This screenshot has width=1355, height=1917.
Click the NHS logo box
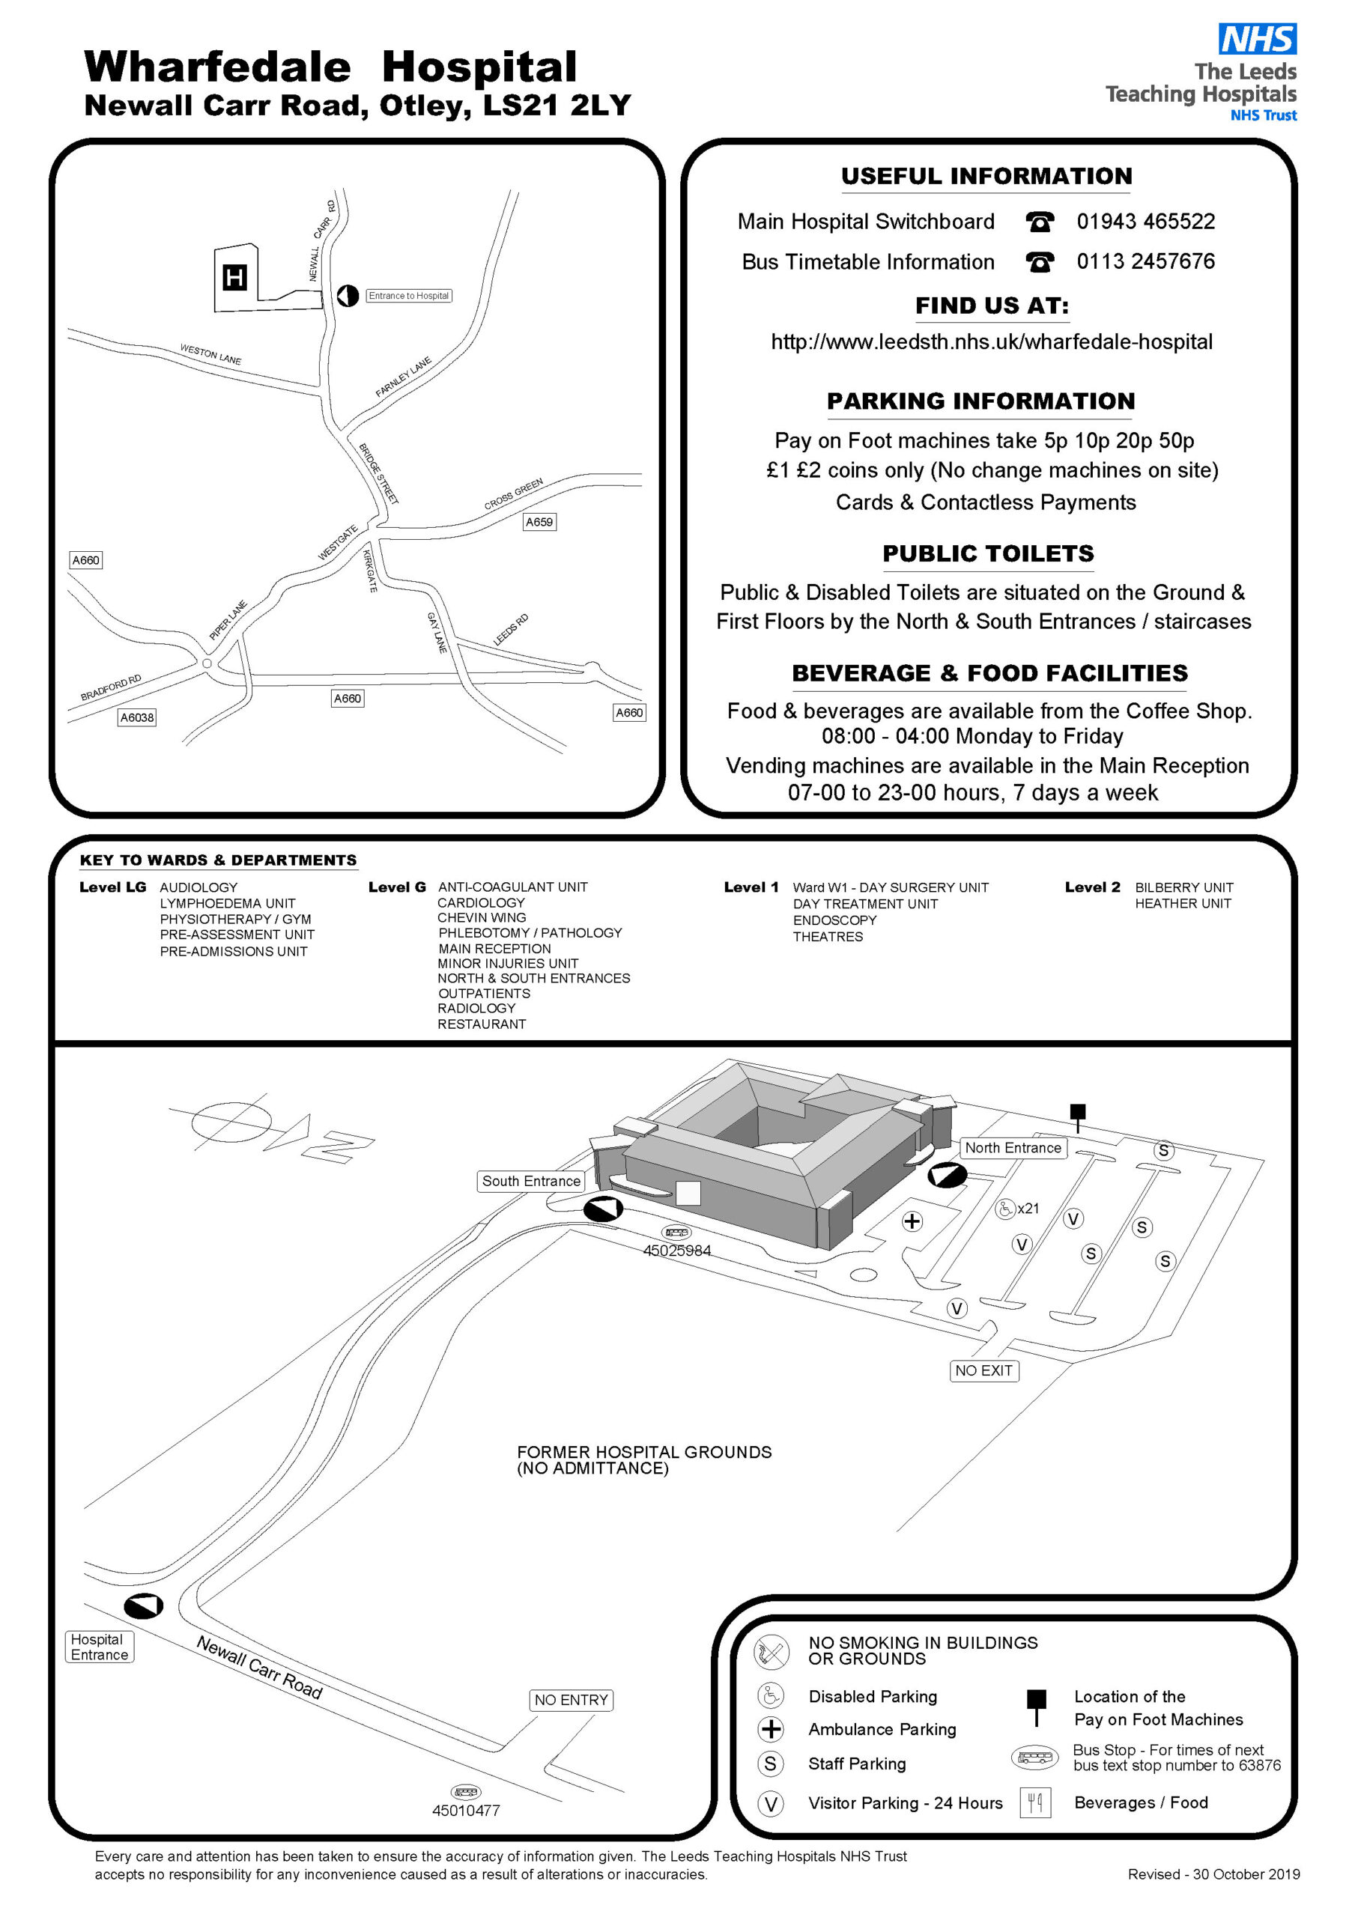pos(1258,38)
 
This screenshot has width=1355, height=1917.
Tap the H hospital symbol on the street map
pos(234,277)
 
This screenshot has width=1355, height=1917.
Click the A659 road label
pos(539,522)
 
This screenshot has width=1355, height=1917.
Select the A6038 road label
pos(137,717)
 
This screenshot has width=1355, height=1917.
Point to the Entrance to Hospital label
pos(408,296)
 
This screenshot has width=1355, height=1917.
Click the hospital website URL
pos(992,341)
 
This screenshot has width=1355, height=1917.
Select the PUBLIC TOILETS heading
pos(987,553)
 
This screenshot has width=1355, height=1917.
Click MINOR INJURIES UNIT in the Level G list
pos(507,963)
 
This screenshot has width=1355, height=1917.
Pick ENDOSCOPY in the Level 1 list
pos(834,920)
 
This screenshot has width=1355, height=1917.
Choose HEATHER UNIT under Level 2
pos(1182,903)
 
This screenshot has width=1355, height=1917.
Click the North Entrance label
pos(1013,1148)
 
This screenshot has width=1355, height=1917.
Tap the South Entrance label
pos(530,1181)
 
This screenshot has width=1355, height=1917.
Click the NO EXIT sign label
pos(983,1370)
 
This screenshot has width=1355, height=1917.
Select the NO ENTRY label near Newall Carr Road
pos(572,1700)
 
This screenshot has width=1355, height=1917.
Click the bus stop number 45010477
pos(465,1810)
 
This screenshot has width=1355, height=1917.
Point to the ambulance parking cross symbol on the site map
pos(912,1221)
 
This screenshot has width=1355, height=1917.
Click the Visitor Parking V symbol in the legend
pos(770,1803)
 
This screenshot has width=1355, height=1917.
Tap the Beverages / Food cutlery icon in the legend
pos(1035,1802)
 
